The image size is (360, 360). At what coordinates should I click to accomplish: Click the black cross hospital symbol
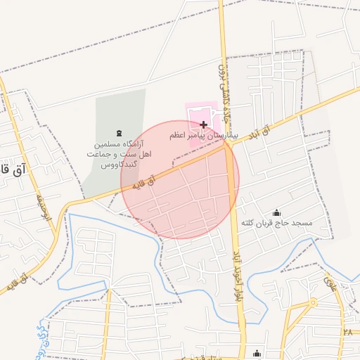pos(204,124)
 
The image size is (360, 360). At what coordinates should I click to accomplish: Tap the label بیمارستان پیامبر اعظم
pos(204,134)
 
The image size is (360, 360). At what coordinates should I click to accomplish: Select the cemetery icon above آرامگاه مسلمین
pos(117,133)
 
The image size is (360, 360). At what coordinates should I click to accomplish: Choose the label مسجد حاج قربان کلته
pos(276,223)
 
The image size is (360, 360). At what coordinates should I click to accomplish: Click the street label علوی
pos(328,285)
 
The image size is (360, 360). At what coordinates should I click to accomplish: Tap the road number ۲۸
pos(347,331)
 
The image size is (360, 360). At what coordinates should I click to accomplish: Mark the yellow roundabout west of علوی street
pos(313,302)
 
